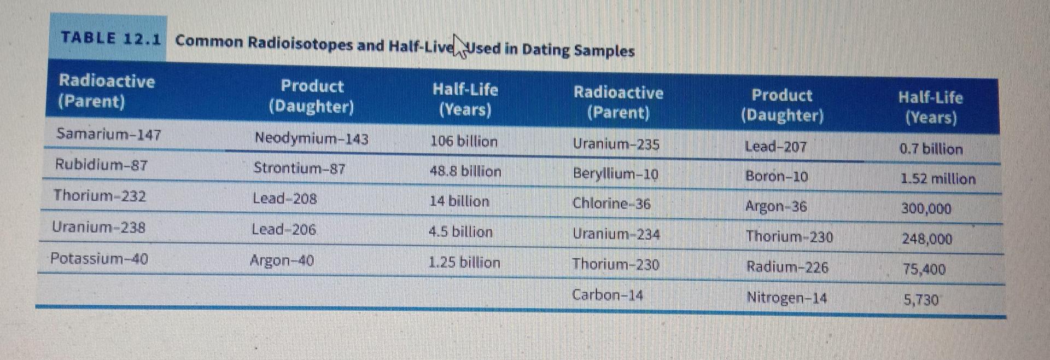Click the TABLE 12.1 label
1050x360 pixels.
pyautogui.click(x=111, y=38)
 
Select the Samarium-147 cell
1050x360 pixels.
pyautogui.click(x=109, y=134)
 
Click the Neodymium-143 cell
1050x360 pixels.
pyautogui.click(x=311, y=138)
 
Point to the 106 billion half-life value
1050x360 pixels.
pyautogui.click(x=464, y=141)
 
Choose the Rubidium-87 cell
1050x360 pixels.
pyautogui.click(x=101, y=165)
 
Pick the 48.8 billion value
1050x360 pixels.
pyautogui.click(x=465, y=171)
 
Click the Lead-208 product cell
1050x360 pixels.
pyautogui.click(x=284, y=198)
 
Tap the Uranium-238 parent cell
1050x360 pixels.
pyautogui.click(x=99, y=227)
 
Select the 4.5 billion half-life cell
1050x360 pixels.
pyautogui.click(x=460, y=231)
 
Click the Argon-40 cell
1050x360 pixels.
pyautogui.click(x=282, y=260)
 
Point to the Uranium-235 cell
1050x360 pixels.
pyautogui.click(x=616, y=144)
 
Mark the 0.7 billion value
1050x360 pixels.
pyautogui.click(x=931, y=149)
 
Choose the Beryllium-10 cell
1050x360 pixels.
pyautogui.click(x=615, y=174)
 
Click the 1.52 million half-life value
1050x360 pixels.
pyautogui.click(x=938, y=179)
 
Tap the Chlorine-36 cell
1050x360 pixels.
pyautogui.click(x=611, y=204)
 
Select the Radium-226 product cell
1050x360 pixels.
pyautogui.click(x=787, y=267)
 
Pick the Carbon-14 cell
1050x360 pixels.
pyautogui.click(x=608, y=295)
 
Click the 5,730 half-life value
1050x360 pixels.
pyautogui.click(x=921, y=300)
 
